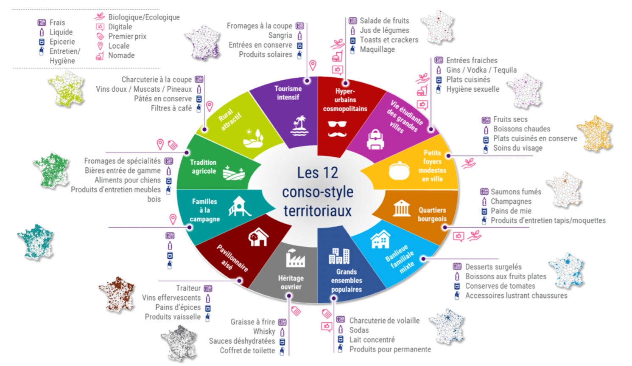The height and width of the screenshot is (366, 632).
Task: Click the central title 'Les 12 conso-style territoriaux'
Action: (x=318, y=191)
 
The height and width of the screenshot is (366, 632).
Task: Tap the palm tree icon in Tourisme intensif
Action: (x=300, y=126)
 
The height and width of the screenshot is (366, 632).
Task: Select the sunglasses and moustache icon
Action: (x=337, y=129)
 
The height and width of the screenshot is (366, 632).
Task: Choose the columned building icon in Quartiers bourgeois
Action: (x=401, y=208)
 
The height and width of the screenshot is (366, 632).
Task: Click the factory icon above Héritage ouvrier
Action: (x=295, y=258)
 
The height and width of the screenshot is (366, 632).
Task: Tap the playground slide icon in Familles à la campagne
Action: (x=239, y=206)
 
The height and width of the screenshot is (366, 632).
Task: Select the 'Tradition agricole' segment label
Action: (x=203, y=167)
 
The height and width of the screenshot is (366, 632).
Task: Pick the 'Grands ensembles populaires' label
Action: (x=347, y=281)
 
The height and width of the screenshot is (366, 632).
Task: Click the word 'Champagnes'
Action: (x=511, y=201)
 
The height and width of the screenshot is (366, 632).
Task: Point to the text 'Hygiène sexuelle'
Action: (x=473, y=89)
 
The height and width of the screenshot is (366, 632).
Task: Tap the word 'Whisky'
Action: (x=264, y=331)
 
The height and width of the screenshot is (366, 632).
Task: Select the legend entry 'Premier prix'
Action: (x=127, y=36)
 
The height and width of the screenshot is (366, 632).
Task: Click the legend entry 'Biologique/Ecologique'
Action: (x=144, y=17)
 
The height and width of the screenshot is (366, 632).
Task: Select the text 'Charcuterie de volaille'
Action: (x=384, y=321)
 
